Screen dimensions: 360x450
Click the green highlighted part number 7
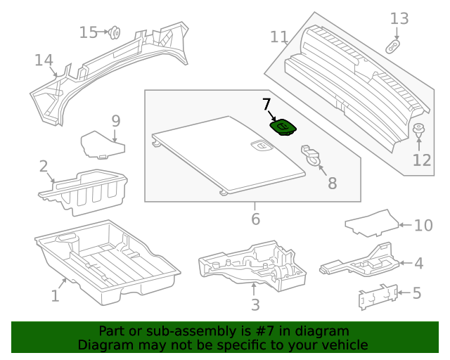283,127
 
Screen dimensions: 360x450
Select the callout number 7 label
266,105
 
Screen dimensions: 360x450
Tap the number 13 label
399,18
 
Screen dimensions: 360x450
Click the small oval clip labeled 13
394,46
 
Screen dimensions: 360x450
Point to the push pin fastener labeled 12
419,131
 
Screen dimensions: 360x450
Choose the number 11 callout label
279,37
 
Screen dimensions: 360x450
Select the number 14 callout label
44,60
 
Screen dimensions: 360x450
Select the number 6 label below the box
255,219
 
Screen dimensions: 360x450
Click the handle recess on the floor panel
261,146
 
